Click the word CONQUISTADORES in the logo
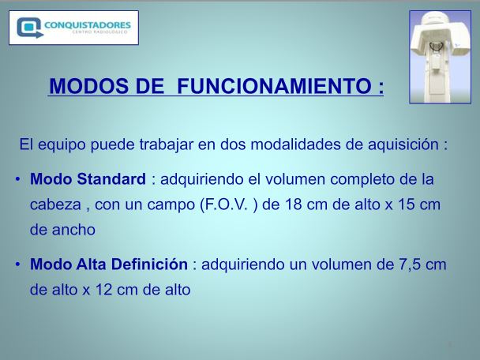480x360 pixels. coord(88,24)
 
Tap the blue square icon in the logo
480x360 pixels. coord(29,28)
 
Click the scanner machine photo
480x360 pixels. coord(441,57)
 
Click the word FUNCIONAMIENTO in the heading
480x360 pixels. coord(274,86)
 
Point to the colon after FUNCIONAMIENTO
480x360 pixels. coord(381,88)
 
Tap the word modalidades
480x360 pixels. coord(295,144)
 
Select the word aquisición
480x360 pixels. coord(403,144)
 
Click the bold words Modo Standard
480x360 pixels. coord(88,179)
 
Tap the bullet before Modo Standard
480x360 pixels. coord(17,179)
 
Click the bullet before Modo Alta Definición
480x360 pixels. coord(17,264)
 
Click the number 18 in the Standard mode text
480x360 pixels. coord(294,204)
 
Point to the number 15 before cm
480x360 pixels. coord(407,204)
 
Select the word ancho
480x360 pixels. coord(73,230)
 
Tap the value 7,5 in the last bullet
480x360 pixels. coord(409,264)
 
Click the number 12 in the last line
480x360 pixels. coord(103,290)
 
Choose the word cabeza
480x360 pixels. coord(55,204)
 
